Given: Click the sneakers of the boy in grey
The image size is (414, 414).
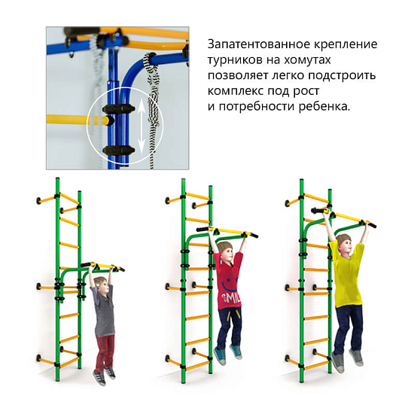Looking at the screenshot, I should click(105, 373).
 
